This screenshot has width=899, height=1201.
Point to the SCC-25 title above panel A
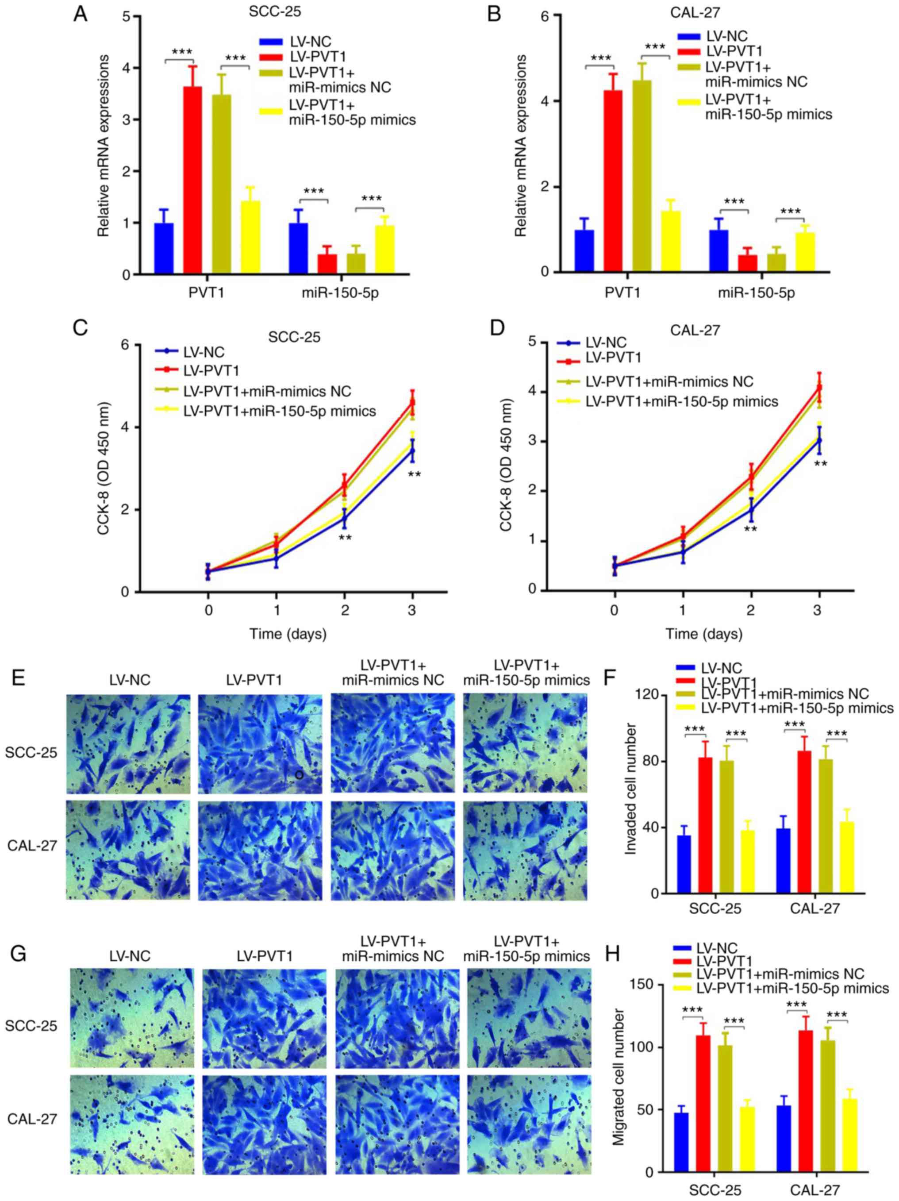[275, 12]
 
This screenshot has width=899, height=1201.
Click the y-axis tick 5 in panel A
[126, 16]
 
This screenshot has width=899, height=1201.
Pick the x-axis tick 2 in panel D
[750, 610]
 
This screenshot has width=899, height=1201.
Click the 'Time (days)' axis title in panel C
[288, 633]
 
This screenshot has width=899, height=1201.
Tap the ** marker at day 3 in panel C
[414, 475]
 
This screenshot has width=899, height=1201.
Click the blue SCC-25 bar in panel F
[684, 864]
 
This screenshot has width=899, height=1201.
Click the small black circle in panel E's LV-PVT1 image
[299, 775]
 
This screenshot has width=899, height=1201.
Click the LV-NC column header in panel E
[129, 679]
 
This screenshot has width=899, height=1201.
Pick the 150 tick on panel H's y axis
[643, 984]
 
